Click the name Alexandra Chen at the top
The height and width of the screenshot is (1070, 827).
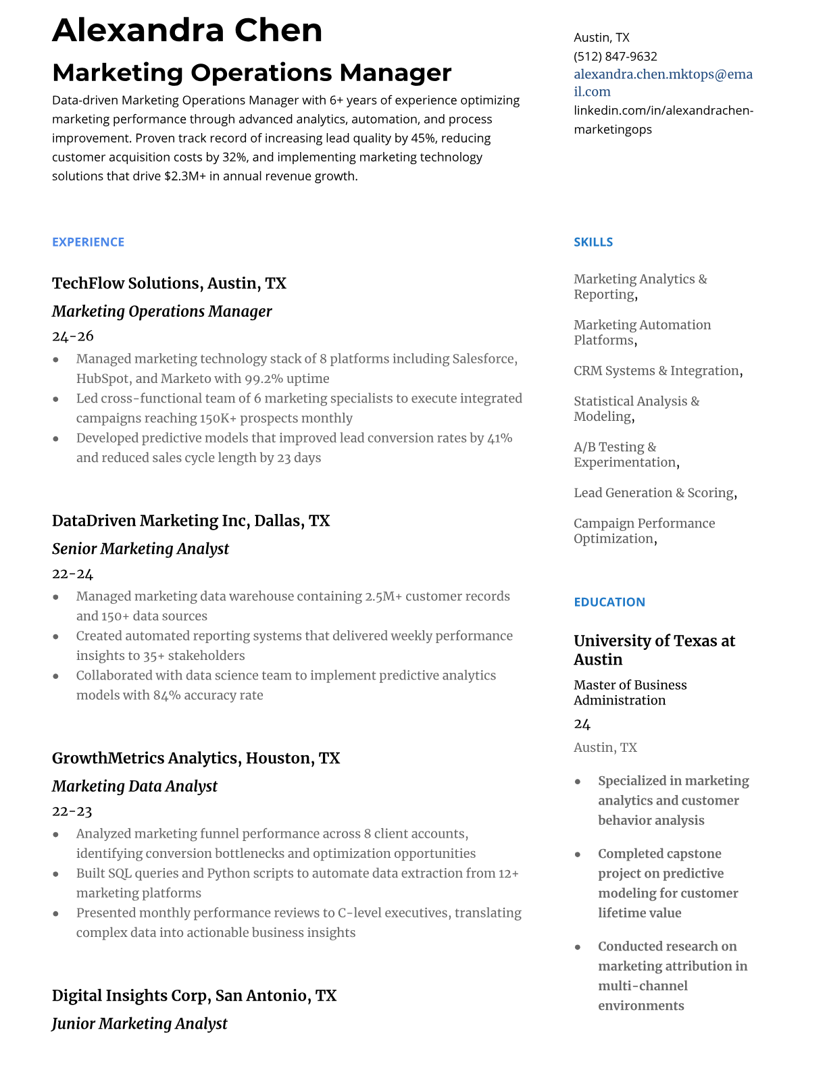pos(187,31)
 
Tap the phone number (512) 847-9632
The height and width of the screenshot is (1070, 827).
pos(615,56)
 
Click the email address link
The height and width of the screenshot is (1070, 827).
pos(662,82)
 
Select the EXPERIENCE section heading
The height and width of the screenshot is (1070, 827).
pos(88,242)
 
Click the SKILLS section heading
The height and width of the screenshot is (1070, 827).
pos(593,242)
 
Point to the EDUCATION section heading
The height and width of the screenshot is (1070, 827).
pos(609,602)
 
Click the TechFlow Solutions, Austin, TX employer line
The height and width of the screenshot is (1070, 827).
pos(169,283)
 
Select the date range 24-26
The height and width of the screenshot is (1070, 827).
pos(72,336)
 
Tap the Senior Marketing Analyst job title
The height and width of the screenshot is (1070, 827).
pos(140,549)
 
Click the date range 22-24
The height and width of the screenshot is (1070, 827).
pos(72,574)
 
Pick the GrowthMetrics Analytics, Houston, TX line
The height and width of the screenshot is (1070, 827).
pos(195,758)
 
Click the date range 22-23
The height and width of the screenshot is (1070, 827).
pos(72,811)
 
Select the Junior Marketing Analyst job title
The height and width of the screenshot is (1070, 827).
pos(139,1023)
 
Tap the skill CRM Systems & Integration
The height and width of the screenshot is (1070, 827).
pos(656,371)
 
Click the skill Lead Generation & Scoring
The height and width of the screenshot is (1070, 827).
pos(653,493)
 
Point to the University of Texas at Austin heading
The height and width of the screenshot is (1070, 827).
pos(653,650)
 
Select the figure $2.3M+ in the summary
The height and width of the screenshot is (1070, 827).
pos(184,176)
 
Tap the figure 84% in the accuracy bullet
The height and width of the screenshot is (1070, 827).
pos(166,695)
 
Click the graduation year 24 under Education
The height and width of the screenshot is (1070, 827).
pos(582,724)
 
